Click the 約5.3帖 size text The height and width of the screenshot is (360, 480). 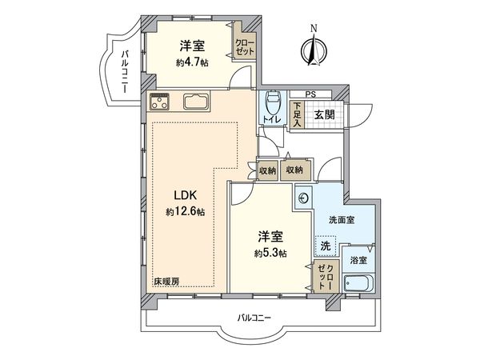click(270, 254)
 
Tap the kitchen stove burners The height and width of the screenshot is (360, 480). click(160, 102)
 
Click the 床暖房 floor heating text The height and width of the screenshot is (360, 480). click(166, 282)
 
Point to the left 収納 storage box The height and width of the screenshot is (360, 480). click(267, 170)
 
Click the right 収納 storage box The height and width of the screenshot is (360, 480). click(294, 170)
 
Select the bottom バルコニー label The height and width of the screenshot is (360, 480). click(254, 318)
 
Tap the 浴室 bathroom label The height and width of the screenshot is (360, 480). click(358, 260)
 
